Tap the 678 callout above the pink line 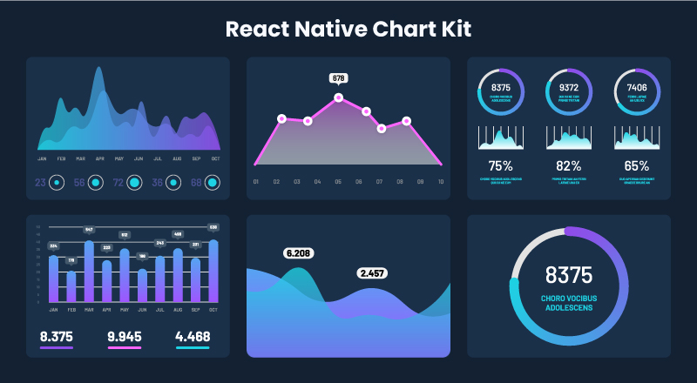coord(339,78)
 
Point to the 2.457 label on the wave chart coord(372,273)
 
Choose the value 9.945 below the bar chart coord(125,336)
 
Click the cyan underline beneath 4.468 coord(192,348)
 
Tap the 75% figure coord(500,165)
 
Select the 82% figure coord(568,165)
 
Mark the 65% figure coord(636,165)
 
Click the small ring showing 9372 coord(568,90)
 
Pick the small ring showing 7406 coord(636,90)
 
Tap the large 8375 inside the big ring coord(568,275)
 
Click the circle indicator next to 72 coord(134,183)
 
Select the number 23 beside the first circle coord(40,183)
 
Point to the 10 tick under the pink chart coord(441,182)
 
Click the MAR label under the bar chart coord(89,309)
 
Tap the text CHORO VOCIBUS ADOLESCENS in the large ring coord(568,302)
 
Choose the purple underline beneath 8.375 coord(57,348)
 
